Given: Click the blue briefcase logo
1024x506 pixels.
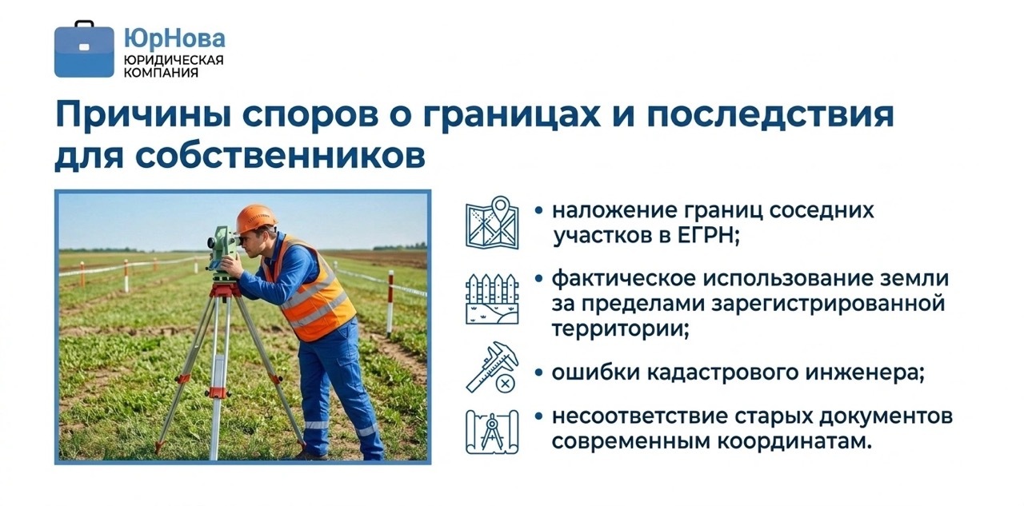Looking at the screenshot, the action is pos(84,50).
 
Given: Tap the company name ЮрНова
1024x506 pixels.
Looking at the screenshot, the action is pos(174,38).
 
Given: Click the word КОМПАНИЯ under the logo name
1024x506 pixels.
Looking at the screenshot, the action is pos(162,73).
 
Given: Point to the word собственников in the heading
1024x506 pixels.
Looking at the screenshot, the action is pos(280,156).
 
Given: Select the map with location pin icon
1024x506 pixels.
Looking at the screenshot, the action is pos(492,222).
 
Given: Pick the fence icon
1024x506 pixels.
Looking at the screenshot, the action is pos(492,299).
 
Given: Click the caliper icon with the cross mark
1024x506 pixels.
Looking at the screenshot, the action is pos(492,367).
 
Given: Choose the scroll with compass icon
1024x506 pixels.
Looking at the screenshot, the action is pos(492,432).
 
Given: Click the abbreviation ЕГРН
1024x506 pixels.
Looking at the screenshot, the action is pos(708,236).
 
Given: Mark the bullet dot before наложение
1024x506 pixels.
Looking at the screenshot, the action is pos(539,211).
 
